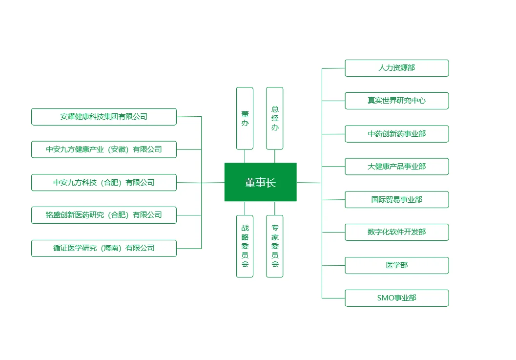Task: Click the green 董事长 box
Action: [260, 182]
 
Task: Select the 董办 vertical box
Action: [245, 118]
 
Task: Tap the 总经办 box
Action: [274, 118]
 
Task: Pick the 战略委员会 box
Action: [245, 246]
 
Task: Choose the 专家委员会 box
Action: [274, 246]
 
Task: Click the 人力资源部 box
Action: [396, 68]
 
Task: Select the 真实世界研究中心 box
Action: [396, 101]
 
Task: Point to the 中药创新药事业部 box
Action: [396, 134]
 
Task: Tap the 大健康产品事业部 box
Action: [396, 167]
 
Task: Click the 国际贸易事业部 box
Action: [396, 199]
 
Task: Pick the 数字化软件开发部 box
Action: [396, 232]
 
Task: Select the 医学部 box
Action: [396, 265]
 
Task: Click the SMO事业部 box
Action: [396, 298]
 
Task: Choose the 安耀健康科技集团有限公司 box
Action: [104, 117]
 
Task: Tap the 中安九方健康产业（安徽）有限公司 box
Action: [104, 149]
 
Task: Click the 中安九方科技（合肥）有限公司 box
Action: [104, 182]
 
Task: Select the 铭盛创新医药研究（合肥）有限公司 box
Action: [104, 215]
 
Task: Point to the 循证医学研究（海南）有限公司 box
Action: [104, 248]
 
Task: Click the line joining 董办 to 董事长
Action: [245, 156]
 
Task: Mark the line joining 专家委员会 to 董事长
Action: [274, 208]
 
